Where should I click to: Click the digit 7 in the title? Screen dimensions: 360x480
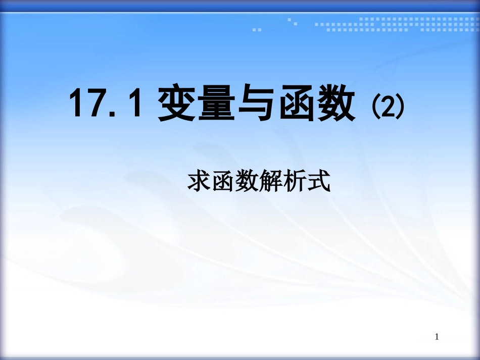[x=95, y=104]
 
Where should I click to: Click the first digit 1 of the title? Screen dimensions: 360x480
[x=77, y=104]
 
